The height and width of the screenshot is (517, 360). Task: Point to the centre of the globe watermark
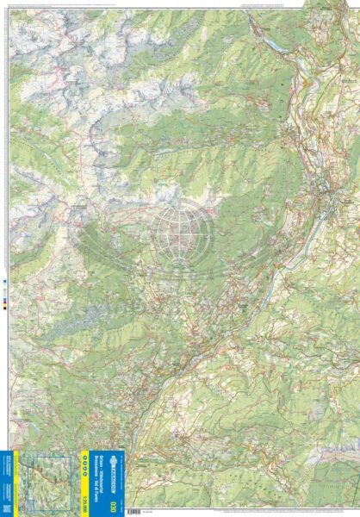[x=180, y=229]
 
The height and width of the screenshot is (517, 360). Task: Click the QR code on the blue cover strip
[x=7, y=508]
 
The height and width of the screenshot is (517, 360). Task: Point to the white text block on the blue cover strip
[x=7, y=483]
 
